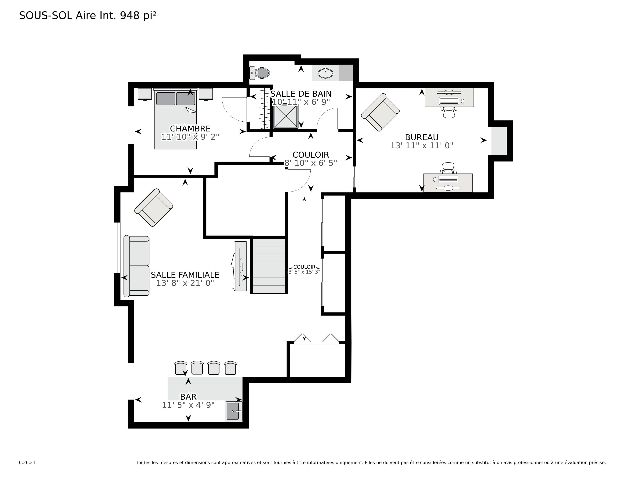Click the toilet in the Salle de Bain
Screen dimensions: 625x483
coord(259,73)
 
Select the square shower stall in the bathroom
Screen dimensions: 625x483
coord(286,116)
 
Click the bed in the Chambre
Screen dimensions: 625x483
coord(175,119)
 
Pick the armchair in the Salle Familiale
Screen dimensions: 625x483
coord(154,207)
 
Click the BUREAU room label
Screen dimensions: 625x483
coord(422,137)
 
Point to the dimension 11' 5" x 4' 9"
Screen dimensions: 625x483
coord(188,405)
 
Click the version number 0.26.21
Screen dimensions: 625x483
coord(27,462)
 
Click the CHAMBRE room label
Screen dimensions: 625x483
coord(190,128)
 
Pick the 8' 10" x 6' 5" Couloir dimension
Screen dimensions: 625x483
coord(310,163)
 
